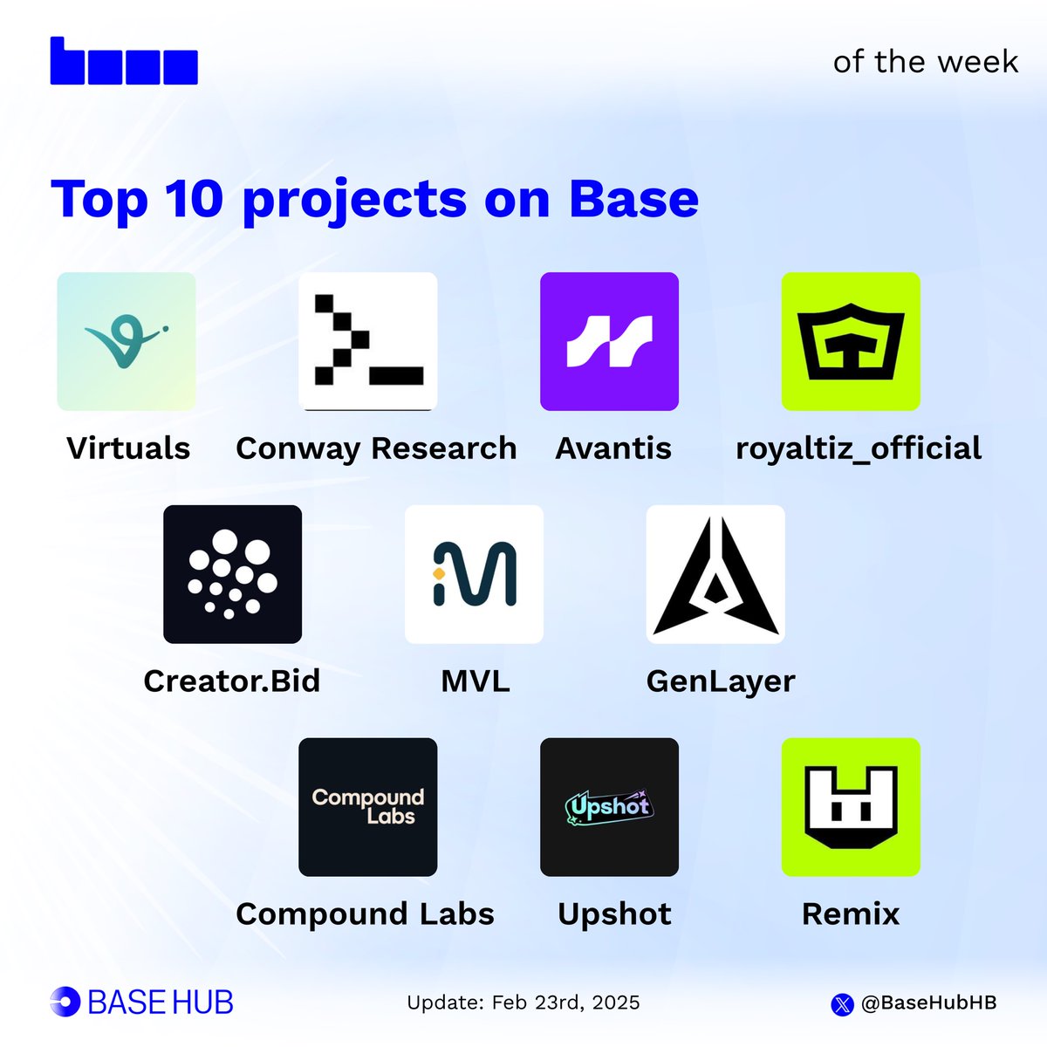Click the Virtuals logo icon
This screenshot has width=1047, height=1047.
click(127, 341)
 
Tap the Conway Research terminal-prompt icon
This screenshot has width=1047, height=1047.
click(367, 341)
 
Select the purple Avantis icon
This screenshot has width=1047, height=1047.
click(609, 341)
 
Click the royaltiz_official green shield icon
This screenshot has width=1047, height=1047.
click(851, 341)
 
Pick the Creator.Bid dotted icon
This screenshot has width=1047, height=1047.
click(232, 574)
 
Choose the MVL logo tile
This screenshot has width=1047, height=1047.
click(474, 574)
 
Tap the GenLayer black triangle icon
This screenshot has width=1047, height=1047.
click(715, 574)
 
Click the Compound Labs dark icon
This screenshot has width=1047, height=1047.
click(367, 807)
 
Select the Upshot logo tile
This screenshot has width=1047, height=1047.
click(609, 807)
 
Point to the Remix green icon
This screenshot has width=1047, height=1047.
click(851, 807)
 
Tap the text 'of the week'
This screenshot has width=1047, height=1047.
click(925, 62)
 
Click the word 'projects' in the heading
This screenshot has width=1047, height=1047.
click(354, 201)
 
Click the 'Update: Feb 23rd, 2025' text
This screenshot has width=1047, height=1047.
click(523, 1003)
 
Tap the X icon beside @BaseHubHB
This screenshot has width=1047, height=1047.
click(842, 1004)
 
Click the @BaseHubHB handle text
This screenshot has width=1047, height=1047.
click(928, 1003)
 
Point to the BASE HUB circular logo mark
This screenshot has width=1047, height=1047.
click(65, 1002)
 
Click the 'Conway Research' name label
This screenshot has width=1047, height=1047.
click(376, 448)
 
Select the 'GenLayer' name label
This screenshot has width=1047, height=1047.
click(721, 681)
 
